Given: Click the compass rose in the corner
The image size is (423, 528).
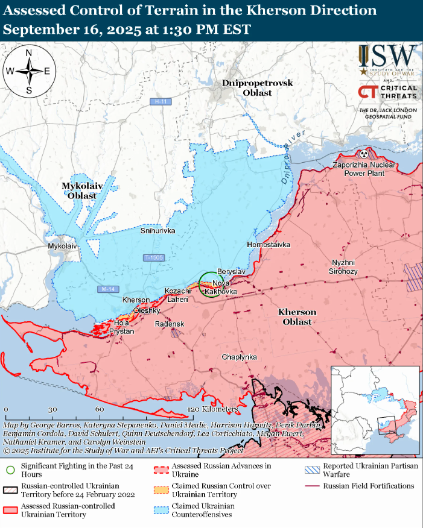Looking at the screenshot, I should (28, 71).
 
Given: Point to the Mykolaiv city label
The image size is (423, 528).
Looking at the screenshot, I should (63, 247).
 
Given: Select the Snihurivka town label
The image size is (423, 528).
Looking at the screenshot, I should (157, 230).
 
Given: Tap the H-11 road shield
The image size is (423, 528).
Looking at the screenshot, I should (161, 102).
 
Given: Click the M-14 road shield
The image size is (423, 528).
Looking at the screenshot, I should (107, 289).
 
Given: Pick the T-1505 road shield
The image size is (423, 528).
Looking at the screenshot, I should (153, 258).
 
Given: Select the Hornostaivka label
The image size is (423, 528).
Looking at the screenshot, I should (269, 245).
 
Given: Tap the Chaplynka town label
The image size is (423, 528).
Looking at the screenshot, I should (239, 357).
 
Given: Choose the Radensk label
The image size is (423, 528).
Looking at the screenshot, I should (170, 324).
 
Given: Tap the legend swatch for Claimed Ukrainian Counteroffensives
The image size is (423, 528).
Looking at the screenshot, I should (161, 510).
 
